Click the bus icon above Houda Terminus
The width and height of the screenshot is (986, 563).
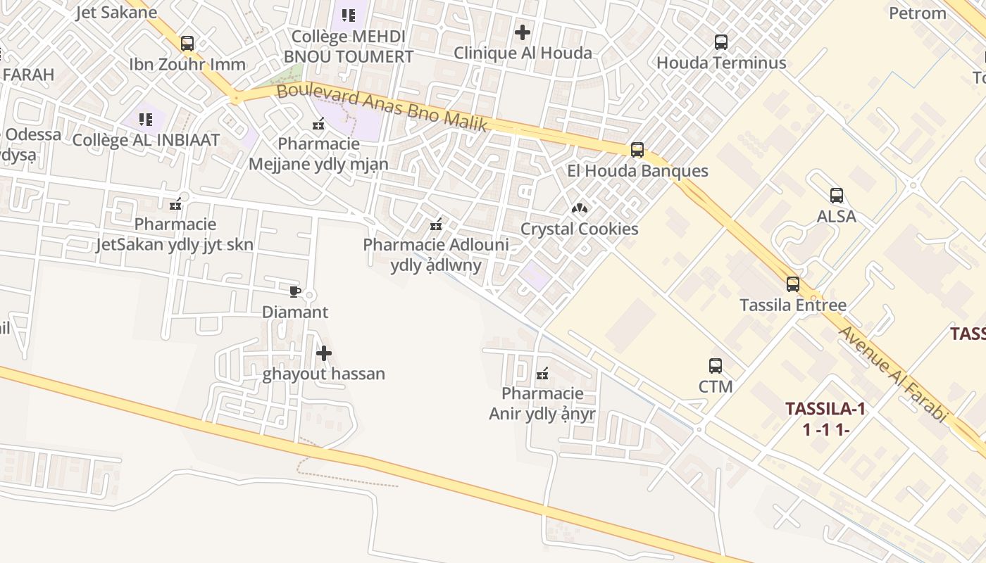[721, 42]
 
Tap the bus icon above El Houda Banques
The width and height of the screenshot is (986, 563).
[637, 150]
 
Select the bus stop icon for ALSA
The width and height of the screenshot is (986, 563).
[837, 196]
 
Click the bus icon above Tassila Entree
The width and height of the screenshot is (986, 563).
[793, 284]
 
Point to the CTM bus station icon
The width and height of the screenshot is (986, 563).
[716, 366]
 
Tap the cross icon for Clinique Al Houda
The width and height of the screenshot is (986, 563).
[523, 32]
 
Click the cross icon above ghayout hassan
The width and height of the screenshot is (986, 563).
[324, 353]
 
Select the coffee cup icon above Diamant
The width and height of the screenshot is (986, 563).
[295, 291]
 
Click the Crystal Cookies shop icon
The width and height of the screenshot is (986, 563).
[579, 208]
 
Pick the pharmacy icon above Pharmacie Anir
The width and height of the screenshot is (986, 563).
[542, 374]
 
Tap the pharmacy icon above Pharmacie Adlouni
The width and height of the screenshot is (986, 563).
[436, 224]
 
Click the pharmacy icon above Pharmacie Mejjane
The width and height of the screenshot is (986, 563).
[318, 124]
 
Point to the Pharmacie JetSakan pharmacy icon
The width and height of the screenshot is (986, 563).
[175, 204]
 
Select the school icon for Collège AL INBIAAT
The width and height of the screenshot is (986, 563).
[146, 120]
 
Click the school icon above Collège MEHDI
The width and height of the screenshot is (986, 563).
[349, 15]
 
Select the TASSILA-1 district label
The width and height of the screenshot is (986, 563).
[825, 409]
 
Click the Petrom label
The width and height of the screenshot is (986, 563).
[917, 13]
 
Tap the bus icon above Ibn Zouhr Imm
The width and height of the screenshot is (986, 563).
[187, 44]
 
